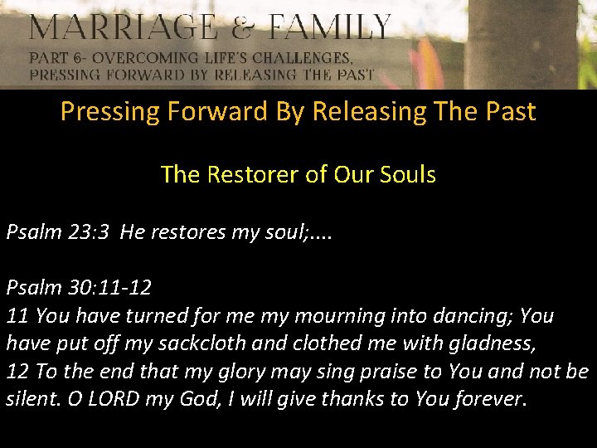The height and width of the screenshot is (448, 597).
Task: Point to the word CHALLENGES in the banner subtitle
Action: click(300, 59)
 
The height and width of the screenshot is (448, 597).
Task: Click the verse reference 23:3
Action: click(86, 231)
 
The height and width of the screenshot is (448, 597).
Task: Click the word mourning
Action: click(320, 316)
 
